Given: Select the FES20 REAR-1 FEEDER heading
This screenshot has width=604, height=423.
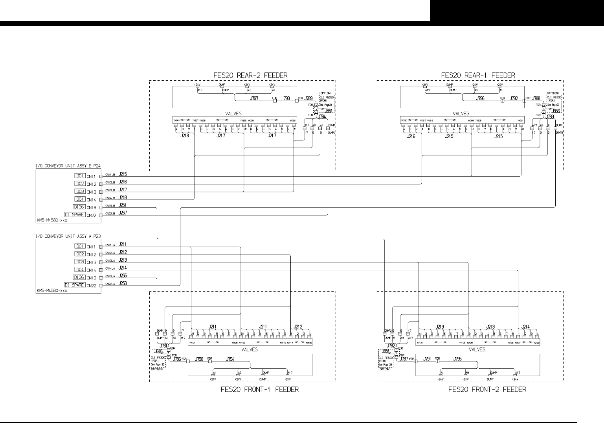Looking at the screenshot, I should tap(478, 75).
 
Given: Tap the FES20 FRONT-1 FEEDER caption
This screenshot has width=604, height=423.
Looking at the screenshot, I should tap(258, 390).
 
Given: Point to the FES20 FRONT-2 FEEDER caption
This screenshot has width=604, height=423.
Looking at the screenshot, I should tap(487, 390).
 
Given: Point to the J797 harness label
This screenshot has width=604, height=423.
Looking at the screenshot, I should tap(255, 99).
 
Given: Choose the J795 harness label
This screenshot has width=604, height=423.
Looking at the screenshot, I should tap(458, 359).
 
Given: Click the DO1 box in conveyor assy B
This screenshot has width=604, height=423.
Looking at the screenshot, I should tap(79, 176).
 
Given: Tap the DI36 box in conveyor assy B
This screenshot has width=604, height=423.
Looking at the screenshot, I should tap(79, 207).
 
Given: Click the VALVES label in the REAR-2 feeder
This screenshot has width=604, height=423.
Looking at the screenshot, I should tap(233, 114).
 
